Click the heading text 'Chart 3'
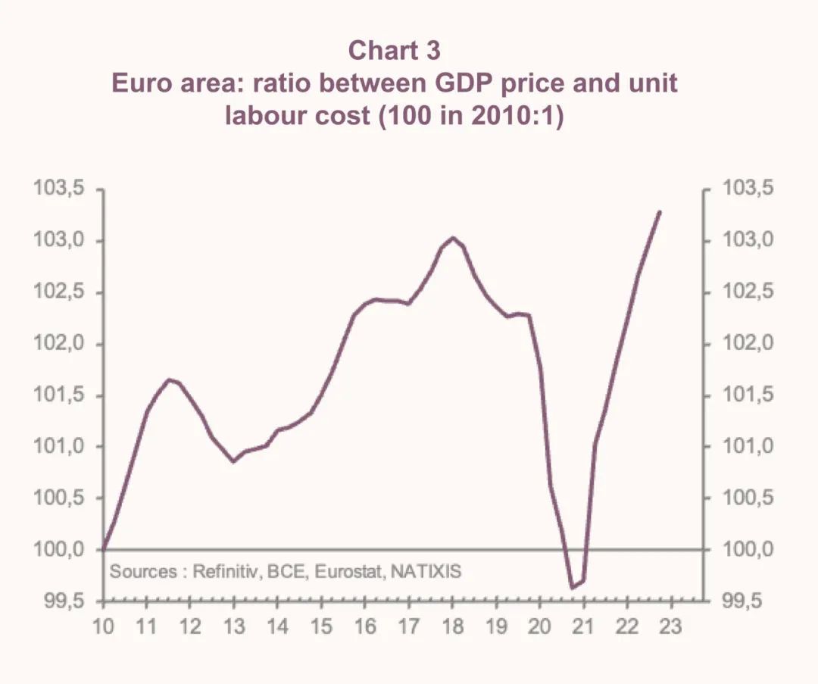(394, 51)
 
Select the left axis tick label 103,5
(58, 189)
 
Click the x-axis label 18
(452, 628)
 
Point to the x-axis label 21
(583, 628)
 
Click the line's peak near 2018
(453, 238)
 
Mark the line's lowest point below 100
(573, 587)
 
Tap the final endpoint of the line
(660, 212)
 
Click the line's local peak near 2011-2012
(169, 379)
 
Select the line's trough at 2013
(234, 461)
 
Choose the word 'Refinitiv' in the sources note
(226, 571)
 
